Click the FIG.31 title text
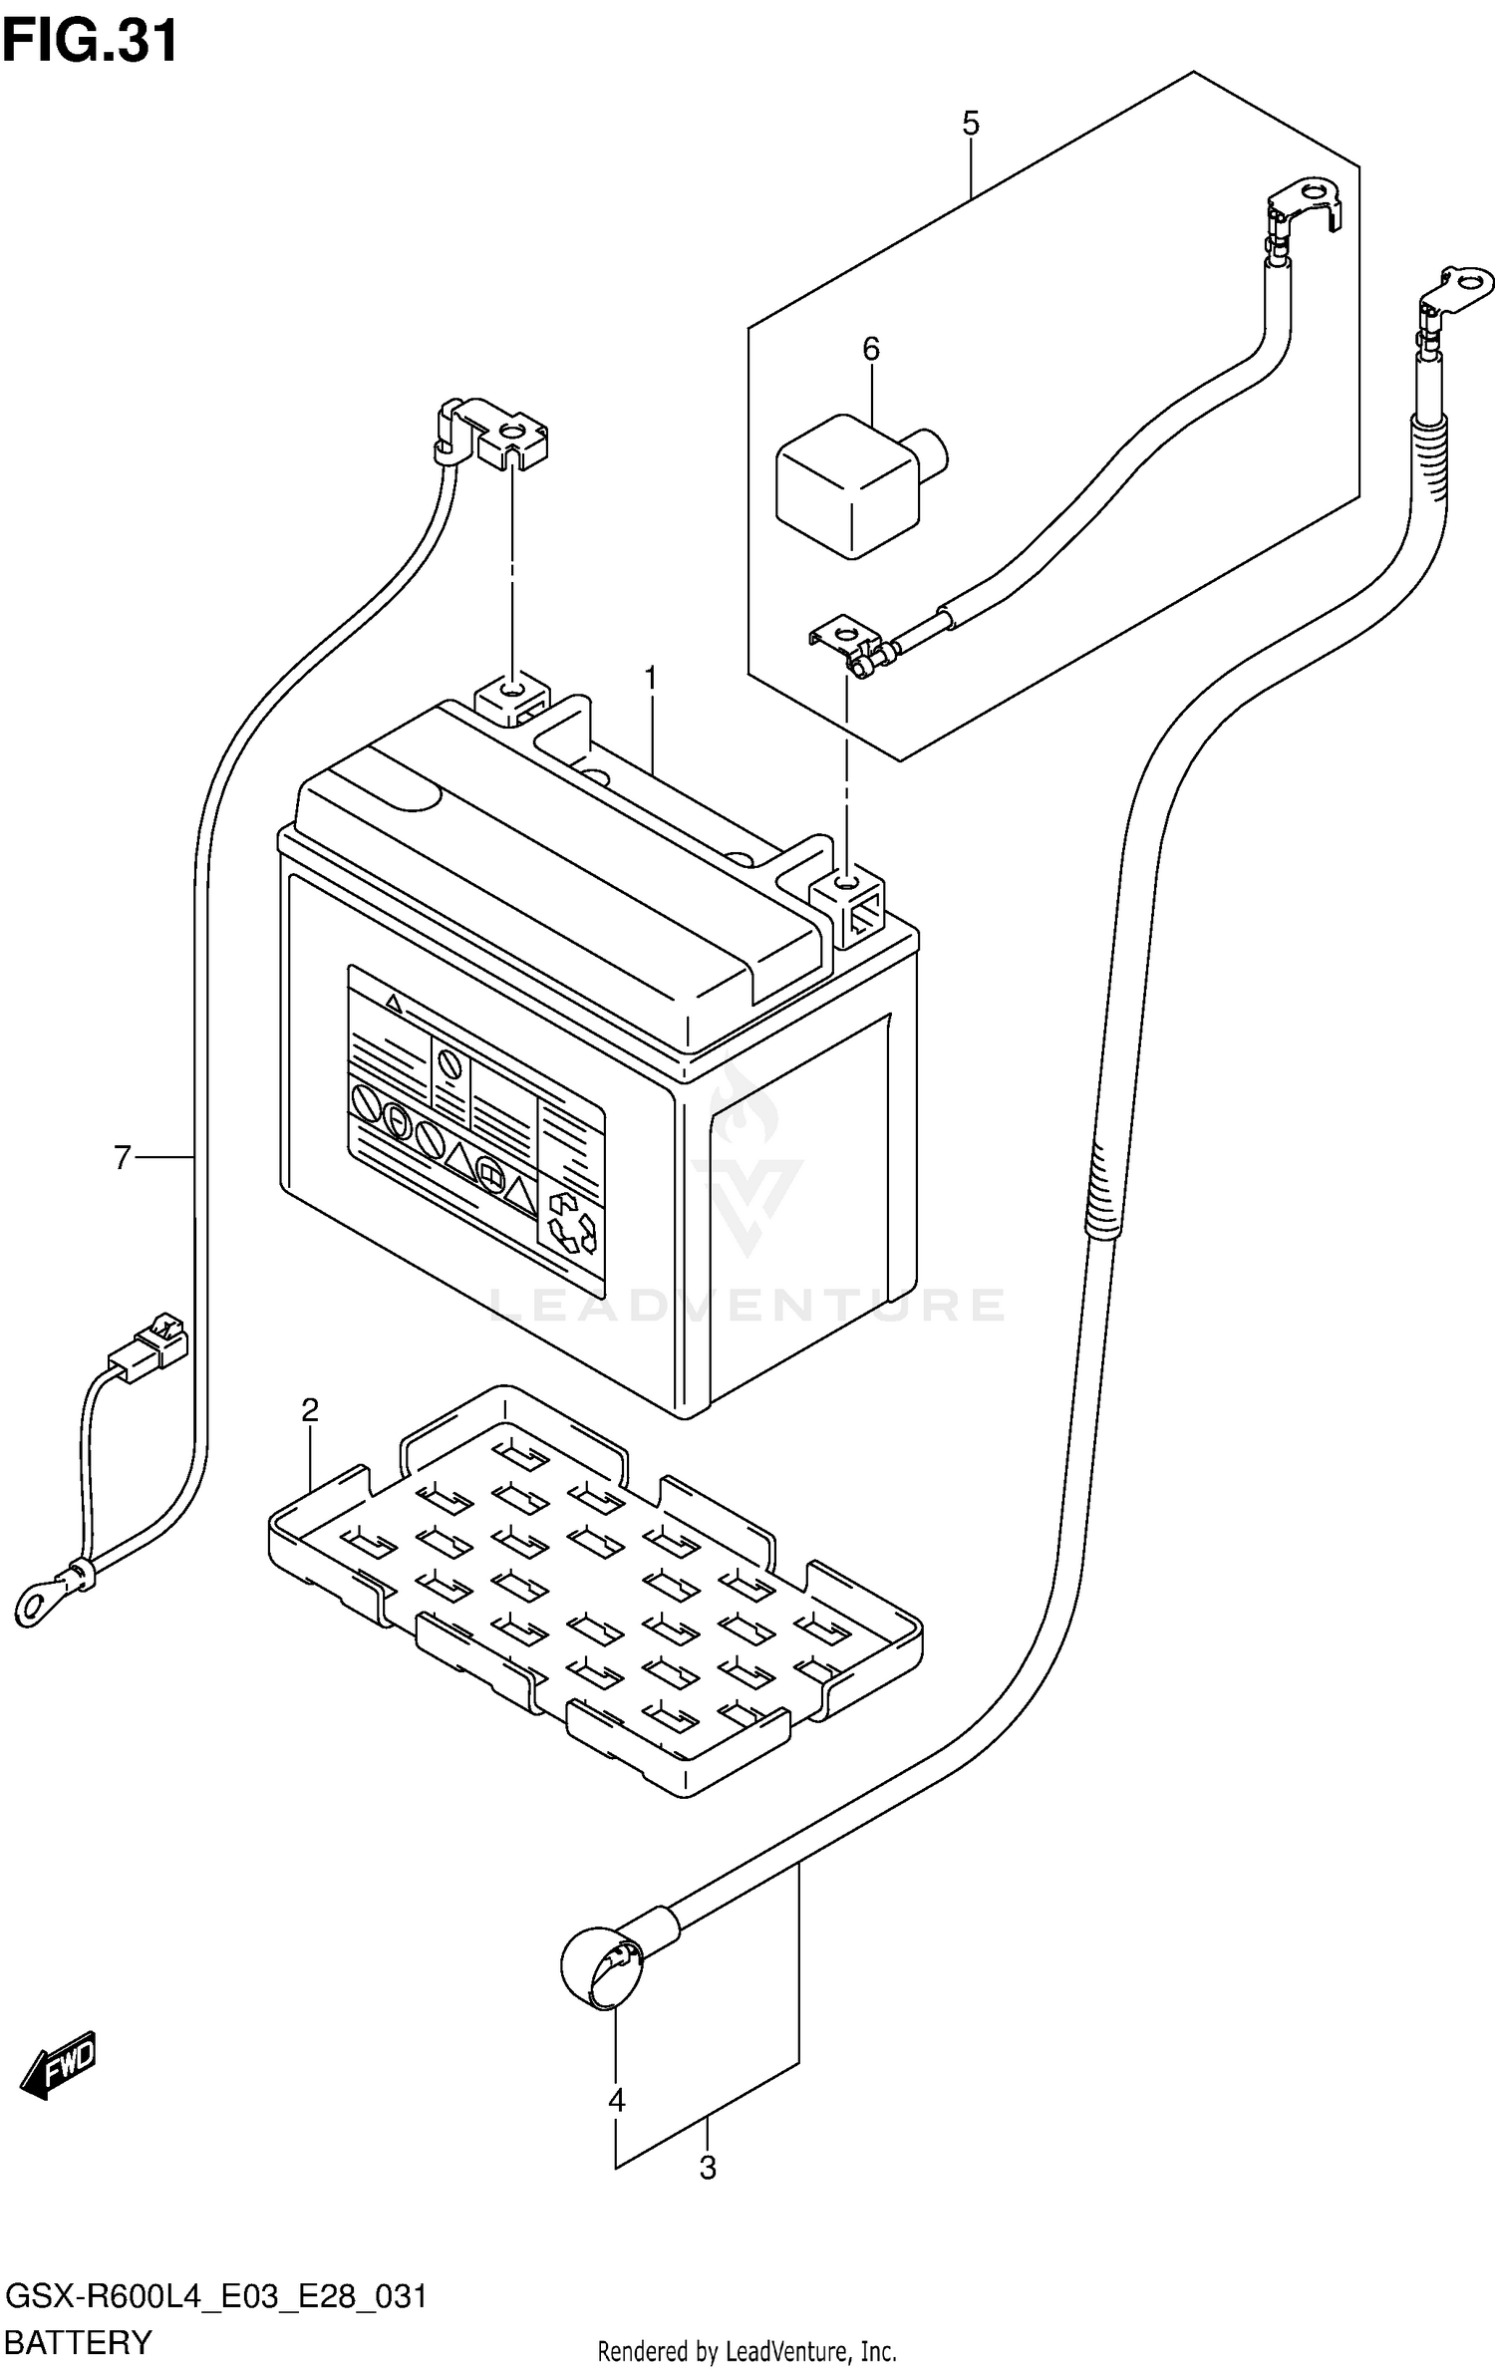(91, 41)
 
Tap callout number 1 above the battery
(650, 679)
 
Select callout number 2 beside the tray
(310, 1410)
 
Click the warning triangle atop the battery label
(395, 1004)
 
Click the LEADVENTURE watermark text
(747, 1305)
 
